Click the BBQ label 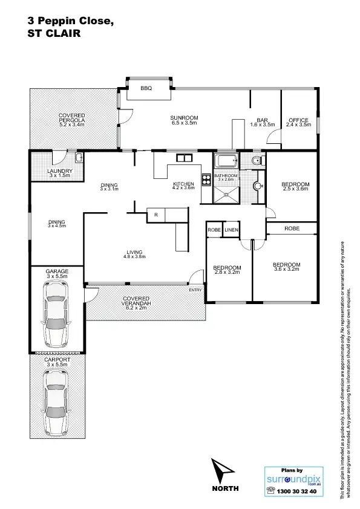pos(145,88)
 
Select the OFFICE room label pos(298,121)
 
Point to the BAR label pos(263,121)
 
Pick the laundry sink pos(79,158)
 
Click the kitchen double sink pos(183,158)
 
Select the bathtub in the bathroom pos(226,161)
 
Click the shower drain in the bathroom pos(226,195)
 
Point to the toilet pos(257,160)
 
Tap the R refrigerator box pos(155,214)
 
